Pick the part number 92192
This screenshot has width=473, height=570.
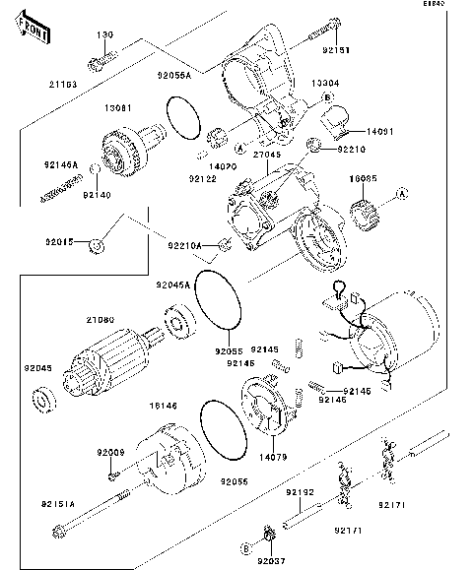[300, 491]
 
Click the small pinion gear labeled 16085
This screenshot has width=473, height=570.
[365, 210]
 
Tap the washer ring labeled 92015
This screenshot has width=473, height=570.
[97, 244]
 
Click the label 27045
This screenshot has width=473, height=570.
[266, 154]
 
